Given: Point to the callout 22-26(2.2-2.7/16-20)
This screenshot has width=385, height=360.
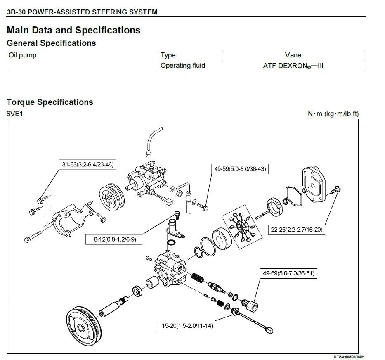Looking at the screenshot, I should (297, 230).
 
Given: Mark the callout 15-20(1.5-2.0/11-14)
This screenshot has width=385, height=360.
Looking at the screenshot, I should (187, 326).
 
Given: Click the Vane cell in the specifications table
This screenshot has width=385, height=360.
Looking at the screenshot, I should (293, 55).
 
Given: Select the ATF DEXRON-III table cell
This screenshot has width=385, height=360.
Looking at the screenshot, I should (293, 66).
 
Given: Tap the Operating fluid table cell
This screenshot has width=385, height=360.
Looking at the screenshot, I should (183, 66).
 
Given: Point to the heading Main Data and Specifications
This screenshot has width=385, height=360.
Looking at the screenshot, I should (73, 30).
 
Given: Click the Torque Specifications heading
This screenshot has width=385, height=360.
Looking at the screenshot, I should (50, 102).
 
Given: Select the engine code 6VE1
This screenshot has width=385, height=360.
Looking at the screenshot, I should (15, 114).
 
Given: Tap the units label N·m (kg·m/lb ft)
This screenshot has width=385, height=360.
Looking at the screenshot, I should (333, 114).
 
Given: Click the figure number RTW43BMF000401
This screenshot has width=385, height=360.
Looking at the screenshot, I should (349, 357).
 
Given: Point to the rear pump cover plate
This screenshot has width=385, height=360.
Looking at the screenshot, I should (315, 185).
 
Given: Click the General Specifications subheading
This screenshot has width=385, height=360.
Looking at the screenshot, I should (51, 43).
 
